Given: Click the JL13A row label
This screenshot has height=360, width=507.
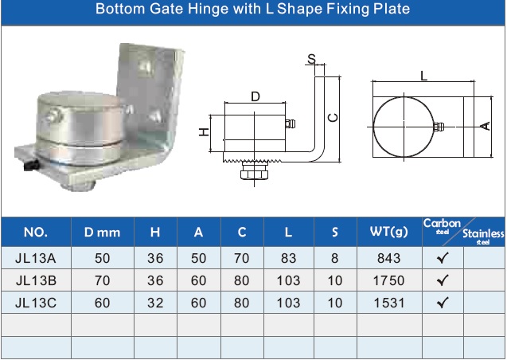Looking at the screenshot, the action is (36, 258).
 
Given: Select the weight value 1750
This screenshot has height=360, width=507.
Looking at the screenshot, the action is (388, 280).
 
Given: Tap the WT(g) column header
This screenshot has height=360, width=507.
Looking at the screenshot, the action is (389, 231).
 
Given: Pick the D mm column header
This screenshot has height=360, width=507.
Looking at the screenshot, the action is (102, 232).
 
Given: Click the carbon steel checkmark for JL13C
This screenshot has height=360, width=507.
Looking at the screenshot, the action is (443, 303).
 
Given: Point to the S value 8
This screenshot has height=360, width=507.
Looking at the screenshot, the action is (334, 258).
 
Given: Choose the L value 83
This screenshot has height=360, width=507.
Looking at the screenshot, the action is (288, 258).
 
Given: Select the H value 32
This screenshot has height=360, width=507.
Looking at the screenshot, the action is (155, 303).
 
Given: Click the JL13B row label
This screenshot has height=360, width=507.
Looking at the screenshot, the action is (36, 280).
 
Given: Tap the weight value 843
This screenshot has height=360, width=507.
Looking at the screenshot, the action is (388, 258).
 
